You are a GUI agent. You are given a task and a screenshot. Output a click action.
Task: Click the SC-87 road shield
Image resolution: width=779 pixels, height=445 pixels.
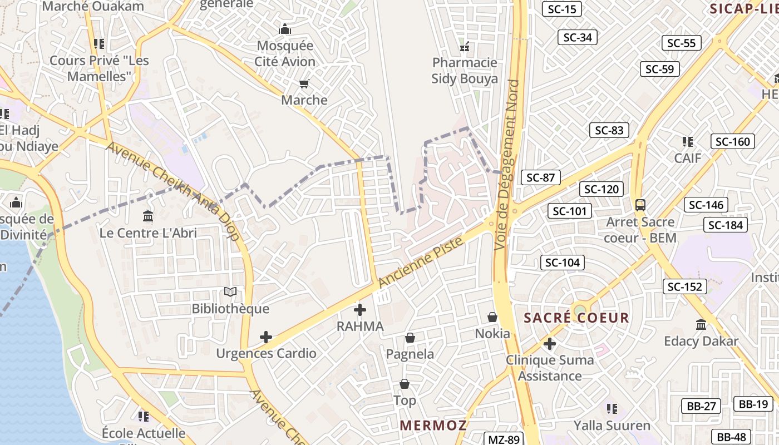pyautogui.click(x=540, y=177)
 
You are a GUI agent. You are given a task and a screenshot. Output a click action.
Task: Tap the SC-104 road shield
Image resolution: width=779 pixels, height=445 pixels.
pyautogui.click(x=562, y=263)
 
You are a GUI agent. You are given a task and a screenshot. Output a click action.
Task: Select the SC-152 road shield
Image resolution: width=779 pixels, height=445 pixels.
pyautogui.click(x=685, y=286)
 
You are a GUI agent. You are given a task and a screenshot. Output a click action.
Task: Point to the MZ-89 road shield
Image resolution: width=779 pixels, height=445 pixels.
pyautogui.click(x=503, y=439)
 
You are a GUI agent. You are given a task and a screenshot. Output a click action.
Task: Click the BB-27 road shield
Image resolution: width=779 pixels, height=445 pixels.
pyautogui.click(x=701, y=406)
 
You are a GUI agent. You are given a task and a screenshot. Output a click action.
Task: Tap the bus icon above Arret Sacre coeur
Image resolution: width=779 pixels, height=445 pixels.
pyautogui.click(x=640, y=205)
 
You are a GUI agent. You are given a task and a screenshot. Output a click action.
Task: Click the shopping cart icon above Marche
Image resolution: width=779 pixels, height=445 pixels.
pyautogui.click(x=304, y=84)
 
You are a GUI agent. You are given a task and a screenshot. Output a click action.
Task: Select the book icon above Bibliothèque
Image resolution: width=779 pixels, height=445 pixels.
pyautogui.click(x=230, y=291)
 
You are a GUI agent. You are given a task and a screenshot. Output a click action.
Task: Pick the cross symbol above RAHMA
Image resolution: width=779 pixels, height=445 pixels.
pyautogui.click(x=360, y=309)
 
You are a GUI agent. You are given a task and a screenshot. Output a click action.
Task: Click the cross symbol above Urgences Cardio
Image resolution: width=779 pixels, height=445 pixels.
pyautogui.click(x=266, y=337)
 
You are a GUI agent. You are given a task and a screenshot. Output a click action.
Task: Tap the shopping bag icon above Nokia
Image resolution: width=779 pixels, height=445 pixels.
pyautogui.click(x=492, y=317)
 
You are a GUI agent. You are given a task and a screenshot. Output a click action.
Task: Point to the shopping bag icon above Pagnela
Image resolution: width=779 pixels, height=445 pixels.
pyautogui.click(x=410, y=338)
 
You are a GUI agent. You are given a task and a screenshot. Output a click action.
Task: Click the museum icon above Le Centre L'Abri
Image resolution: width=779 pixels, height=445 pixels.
pyautogui.click(x=148, y=216)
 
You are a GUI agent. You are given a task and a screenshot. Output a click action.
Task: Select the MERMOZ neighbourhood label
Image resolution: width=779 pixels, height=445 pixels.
pyautogui.click(x=433, y=426)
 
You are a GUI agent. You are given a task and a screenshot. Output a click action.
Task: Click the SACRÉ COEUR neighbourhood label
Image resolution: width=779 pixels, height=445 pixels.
pyautogui.click(x=576, y=318)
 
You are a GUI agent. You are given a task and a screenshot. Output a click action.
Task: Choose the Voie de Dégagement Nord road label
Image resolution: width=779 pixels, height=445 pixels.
pyautogui.click(x=507, y=164)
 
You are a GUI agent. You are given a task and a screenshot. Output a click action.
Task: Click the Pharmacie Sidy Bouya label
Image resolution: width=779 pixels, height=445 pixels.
pyautogui.click(x=465, y=71)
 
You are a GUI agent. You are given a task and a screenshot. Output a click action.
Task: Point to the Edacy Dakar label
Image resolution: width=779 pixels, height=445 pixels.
pyautogui.click(x=701, y=341)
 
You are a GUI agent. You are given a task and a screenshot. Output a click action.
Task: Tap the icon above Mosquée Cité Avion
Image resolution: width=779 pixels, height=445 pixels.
pyautogui.click(x=285, y=29)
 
